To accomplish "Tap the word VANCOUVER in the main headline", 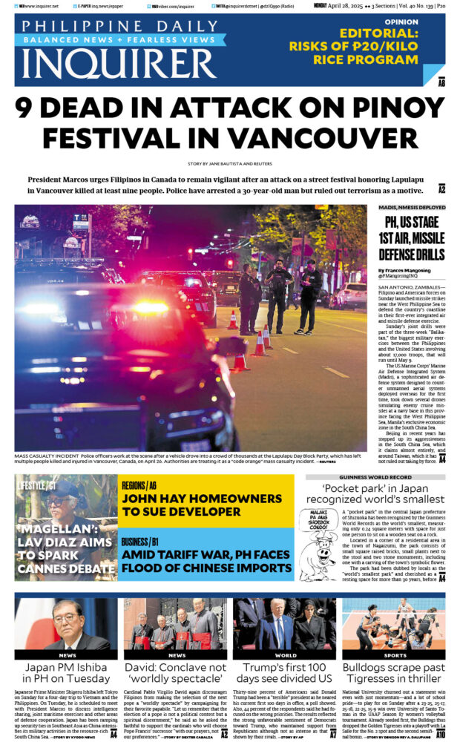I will (x=338, y=139).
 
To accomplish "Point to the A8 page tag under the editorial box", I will (x=441, y=83).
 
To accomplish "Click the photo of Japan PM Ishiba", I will (x=66, y=625).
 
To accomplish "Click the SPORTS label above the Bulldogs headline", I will (x=394, y=655).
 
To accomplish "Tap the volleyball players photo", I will (x=394, y=625).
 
